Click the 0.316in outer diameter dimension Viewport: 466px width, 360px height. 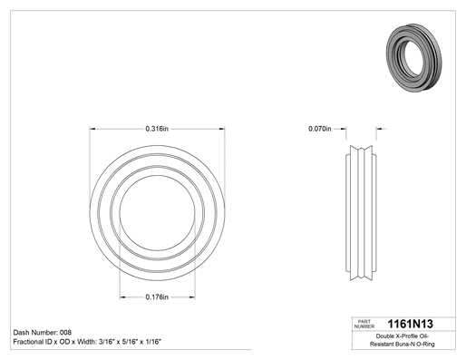click(157, 129)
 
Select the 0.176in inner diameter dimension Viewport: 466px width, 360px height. click(157, 297)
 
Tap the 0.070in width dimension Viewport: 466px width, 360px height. click(320, 129)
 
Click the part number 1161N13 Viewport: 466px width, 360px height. click(410, 324)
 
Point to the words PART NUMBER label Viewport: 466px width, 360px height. click(364, 324)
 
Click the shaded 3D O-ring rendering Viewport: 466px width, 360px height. click(413, 57)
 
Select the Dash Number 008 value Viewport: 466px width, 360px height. click(65, 333)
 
